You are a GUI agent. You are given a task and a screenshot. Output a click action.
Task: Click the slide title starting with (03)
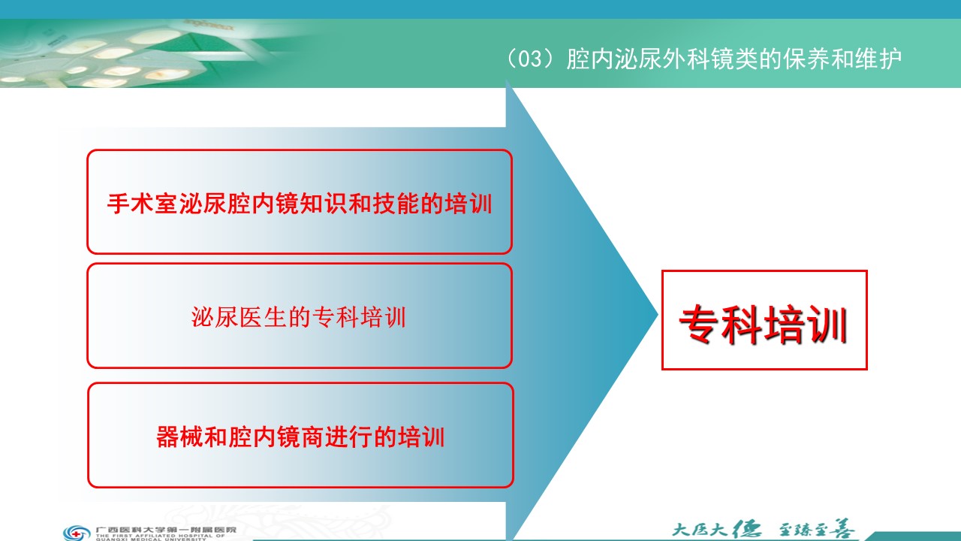point(703,59)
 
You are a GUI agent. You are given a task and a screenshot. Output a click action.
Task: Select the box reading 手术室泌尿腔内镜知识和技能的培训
point(300,202)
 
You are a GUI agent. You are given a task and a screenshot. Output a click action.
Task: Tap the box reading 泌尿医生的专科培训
point(300,316)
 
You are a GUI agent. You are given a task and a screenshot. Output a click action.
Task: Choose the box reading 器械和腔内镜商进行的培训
point(300,435)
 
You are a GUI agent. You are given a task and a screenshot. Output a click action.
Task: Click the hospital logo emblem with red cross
point(77,533)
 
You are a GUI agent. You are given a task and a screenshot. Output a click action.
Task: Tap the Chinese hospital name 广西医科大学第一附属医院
point(166,530)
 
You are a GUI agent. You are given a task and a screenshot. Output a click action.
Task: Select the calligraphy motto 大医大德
point(716,529)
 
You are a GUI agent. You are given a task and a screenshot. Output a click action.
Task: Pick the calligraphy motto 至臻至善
point(816,529)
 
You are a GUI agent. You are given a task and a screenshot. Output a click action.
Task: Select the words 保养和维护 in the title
point(842,59)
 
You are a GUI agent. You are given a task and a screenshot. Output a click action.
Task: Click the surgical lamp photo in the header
point(128,53)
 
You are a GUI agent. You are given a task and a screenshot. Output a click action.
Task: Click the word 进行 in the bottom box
point(348,437)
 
